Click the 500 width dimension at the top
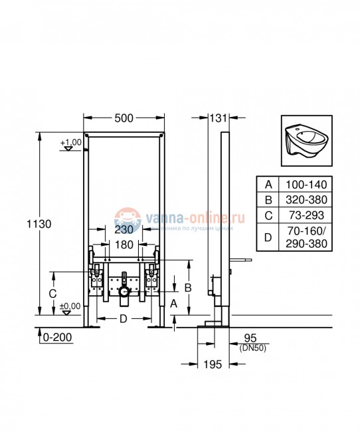(x=124, y=118)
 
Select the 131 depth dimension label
(x=218, y=118)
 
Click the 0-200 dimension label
(x=54, y=338)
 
